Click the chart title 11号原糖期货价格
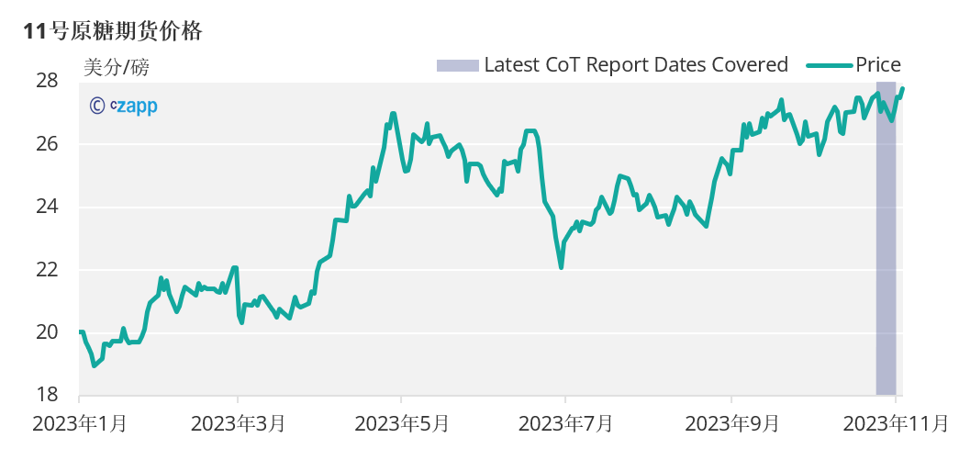(x=114, y=30)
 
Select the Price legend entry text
(x=878, y=64)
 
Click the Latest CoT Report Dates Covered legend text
(x=636, y=64)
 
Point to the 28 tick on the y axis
(x=48, y=81)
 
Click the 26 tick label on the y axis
(x=48, y=144)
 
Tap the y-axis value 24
(x=48, y=207)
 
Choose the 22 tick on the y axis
(x=48, y=270)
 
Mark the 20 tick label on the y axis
(x=48, y=332)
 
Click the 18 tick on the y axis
(x=48, y=395)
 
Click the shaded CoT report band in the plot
(x=886, y=275)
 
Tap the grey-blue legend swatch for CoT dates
(x=457, y=64)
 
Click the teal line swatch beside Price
(x=830, y=64)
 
